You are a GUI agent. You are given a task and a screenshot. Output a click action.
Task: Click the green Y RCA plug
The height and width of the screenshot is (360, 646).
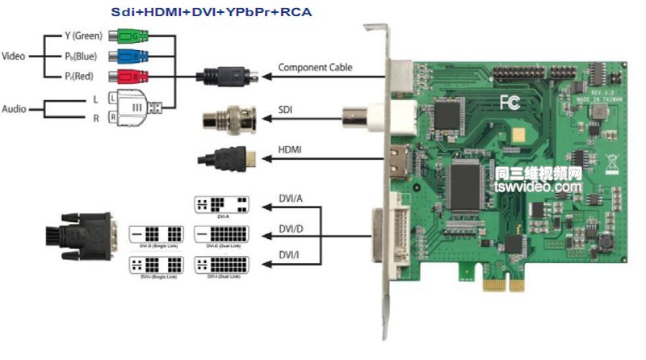pos(129,36)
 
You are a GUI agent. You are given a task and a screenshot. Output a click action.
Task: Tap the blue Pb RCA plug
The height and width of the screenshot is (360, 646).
pos(129,57)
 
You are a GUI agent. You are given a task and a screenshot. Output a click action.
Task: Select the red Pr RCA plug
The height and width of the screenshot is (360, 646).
pos(129,77)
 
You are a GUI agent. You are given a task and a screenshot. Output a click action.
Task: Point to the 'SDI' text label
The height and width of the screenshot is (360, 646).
pos(287,107)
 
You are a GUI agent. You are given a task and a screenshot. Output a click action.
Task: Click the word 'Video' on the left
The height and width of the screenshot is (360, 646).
pos(15,57)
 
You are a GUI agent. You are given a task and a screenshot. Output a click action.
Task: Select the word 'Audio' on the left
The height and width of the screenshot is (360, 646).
pos(15,108)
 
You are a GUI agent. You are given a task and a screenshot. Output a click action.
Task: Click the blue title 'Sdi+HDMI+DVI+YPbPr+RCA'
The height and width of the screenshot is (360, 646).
pos(211,12)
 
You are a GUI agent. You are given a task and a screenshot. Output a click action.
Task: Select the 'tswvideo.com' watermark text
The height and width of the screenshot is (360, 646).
pos(538,187)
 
